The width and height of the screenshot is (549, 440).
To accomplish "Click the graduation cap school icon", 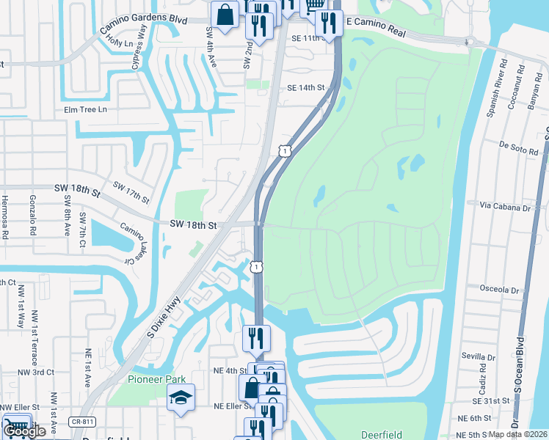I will coord(181,397).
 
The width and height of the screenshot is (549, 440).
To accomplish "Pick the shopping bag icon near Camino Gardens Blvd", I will coord(225,12).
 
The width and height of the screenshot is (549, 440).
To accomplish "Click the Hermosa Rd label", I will coord(5,217).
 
